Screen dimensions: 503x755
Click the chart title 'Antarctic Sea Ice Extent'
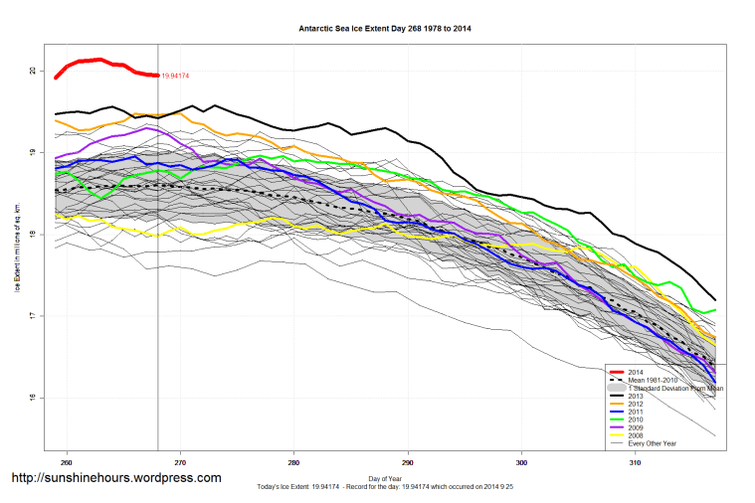coord(385,28)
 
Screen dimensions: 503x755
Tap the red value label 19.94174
coord(176,76)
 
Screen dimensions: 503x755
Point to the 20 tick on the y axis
coord(33,71)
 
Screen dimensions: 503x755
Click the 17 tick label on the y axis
coord(33,316)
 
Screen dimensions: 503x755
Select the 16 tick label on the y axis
coord(33,398)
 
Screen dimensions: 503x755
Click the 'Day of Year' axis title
coord(385,479)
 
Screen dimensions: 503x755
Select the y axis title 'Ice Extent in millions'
coord(17,249)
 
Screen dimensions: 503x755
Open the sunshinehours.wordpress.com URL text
coord(115,478)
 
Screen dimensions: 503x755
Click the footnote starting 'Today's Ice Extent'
coord(385,489)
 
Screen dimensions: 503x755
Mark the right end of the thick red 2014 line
coord(158,76)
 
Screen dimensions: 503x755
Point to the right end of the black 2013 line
coord(714,300)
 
